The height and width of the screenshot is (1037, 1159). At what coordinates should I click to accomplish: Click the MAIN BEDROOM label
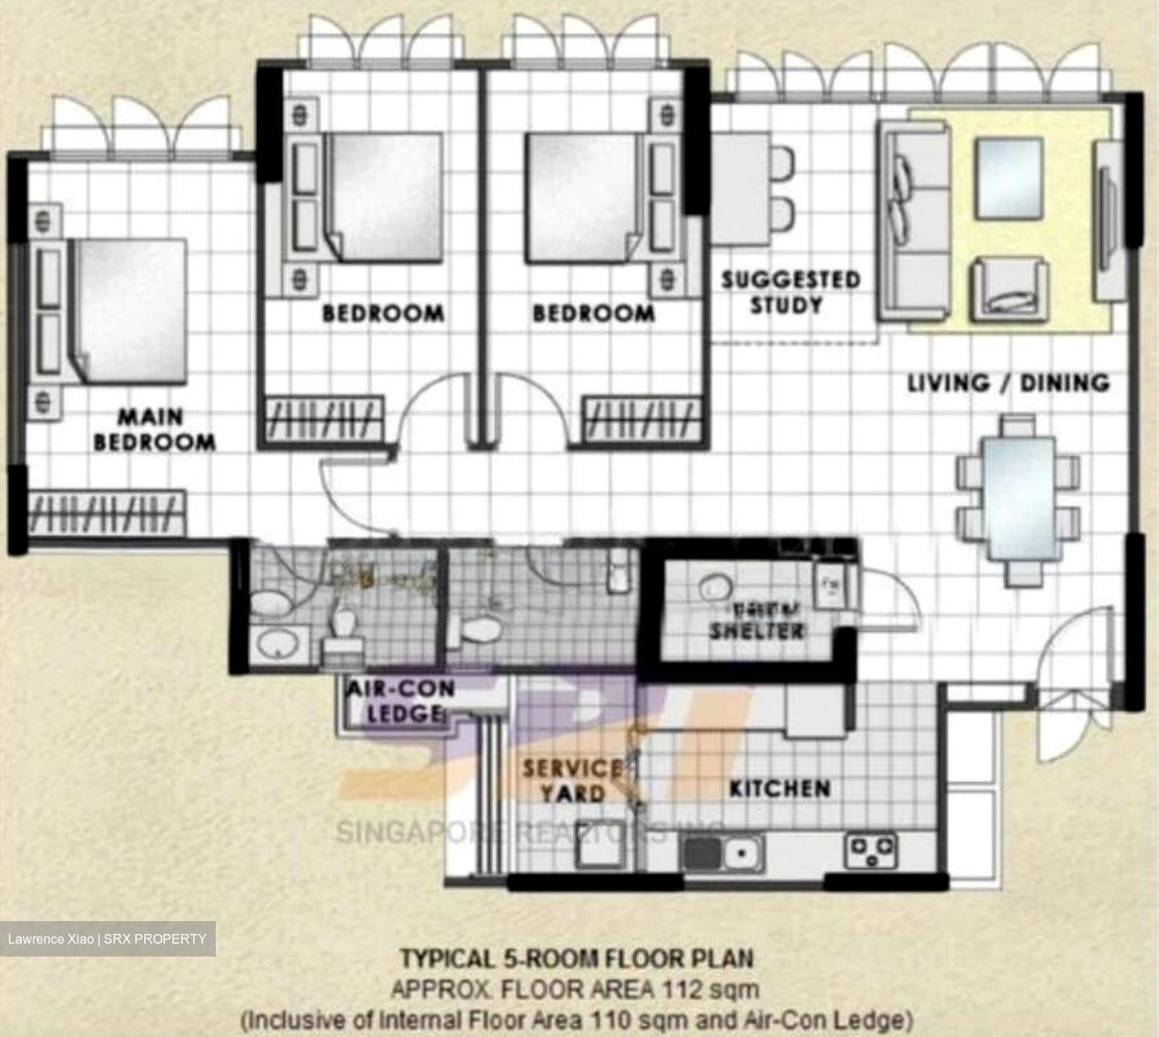(x=155, y=429)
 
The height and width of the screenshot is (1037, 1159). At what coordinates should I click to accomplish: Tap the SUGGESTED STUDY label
(x=790, y=292)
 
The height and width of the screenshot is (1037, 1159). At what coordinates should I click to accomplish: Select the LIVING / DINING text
(x=1008, y=382)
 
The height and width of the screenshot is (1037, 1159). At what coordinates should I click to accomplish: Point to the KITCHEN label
(x=779, y=788)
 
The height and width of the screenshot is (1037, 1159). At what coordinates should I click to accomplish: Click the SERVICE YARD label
(x=571, y=781)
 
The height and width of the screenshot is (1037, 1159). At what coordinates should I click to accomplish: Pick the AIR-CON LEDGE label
(x=400, y=701)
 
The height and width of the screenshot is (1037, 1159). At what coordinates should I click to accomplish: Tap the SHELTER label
(x=757, y=630)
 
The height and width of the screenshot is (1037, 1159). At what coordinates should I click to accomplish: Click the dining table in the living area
(x=1019, y=498)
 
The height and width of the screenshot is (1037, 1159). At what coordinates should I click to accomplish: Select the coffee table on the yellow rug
(x=1009, y=179)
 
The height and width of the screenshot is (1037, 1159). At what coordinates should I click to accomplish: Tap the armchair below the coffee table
(x=1009, y=290)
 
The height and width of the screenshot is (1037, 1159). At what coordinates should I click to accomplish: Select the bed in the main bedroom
(x=129, y=310)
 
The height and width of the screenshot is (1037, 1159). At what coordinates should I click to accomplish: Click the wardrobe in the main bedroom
(x=107, y=512)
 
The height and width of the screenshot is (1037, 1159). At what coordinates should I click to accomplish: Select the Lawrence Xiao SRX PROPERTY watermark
(x=107, y=939)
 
